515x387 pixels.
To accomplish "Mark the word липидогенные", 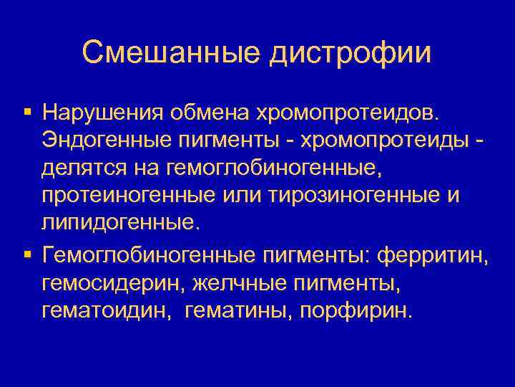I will pos(117,223).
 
